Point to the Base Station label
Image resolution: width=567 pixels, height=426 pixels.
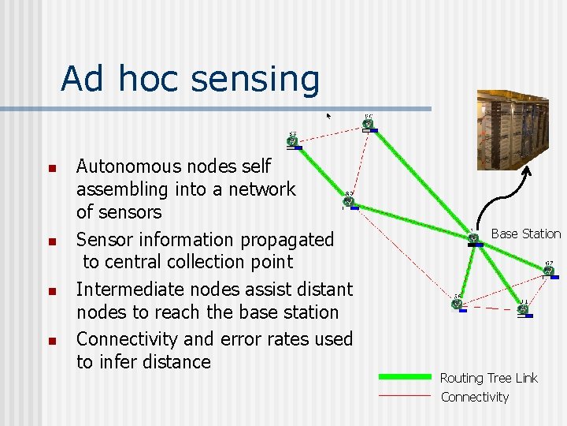(525, 234)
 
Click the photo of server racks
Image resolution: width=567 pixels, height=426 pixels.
(521, 130)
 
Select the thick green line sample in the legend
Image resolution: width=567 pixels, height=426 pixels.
(405, 376)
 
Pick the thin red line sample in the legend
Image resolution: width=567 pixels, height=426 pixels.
(405, 395)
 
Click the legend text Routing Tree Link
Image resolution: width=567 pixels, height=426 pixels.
(488, 378)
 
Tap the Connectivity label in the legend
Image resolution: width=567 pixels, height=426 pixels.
(475, 397)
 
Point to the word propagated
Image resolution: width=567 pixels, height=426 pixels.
(288, 240)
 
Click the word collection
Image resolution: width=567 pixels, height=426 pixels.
(196, 262)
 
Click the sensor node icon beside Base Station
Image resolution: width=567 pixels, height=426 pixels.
(474, 237)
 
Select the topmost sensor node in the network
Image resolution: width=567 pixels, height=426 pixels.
(368, 124)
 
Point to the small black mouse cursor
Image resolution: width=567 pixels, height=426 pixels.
(329, 115)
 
